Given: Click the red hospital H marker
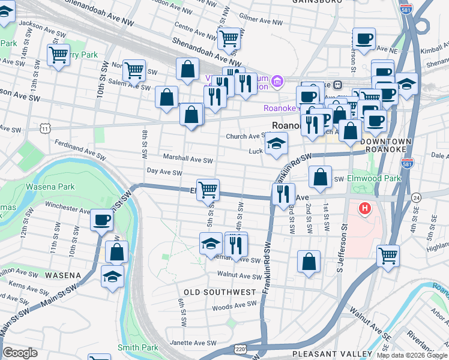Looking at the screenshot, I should coord(364,209).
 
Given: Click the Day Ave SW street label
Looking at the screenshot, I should coord(164,172).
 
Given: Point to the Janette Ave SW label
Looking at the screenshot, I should coord(193,343).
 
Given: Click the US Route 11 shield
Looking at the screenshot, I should coord(46,128).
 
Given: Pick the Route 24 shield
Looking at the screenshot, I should coord(415,197).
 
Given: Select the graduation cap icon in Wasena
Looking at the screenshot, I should coord(112,277).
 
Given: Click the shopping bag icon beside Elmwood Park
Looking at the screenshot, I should coord(321,176).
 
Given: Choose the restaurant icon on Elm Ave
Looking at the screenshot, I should coord(283,193).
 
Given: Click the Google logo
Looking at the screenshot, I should coord(20,353).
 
